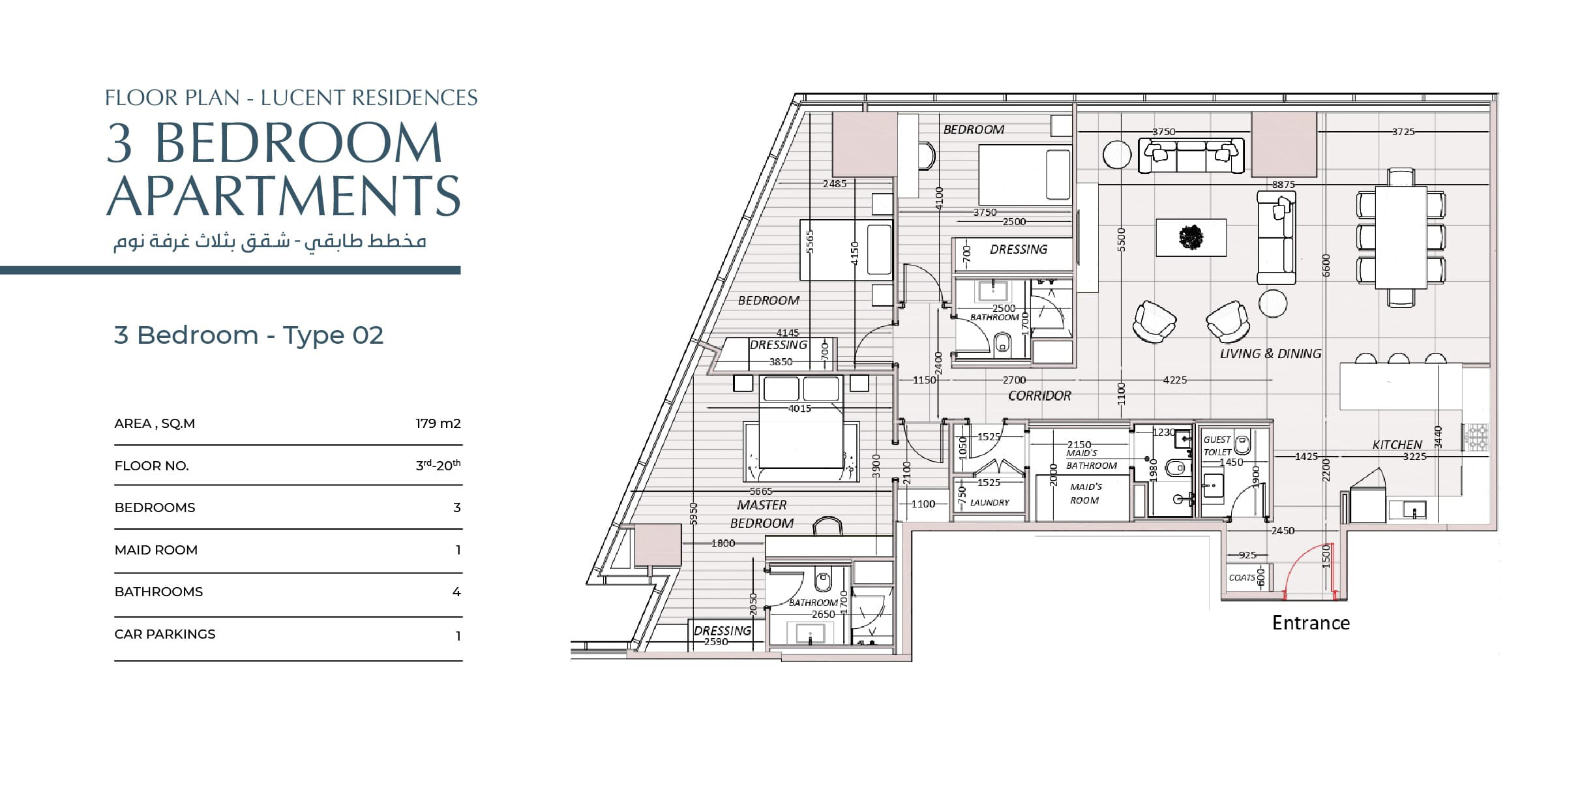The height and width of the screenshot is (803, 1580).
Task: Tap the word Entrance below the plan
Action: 1311,623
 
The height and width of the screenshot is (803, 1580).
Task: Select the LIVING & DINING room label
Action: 1270,354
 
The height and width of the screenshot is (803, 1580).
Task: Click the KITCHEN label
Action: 1397,444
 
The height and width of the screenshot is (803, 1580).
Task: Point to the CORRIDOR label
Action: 1039,395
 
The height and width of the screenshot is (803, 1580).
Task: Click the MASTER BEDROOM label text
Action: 762,514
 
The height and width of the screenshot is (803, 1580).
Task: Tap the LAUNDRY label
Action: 989,502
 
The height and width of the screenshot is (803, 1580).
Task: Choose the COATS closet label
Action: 1242,577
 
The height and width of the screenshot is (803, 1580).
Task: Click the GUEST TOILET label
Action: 1217,446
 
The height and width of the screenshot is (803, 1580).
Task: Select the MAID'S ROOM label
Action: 1085,493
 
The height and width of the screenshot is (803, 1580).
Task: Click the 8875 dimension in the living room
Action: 1283,185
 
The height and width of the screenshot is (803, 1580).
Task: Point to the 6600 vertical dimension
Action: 1326,265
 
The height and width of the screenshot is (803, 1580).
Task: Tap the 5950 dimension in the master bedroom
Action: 694,513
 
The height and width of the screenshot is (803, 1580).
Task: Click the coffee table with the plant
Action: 1191,237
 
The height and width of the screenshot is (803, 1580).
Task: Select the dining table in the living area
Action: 1401,237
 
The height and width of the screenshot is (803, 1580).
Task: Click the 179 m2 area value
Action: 438,423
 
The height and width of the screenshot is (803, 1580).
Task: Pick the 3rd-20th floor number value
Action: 438,465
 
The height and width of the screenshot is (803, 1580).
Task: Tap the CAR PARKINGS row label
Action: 165,634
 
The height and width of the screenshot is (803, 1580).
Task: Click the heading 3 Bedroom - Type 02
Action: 248,335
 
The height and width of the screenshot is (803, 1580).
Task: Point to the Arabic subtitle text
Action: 270,241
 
